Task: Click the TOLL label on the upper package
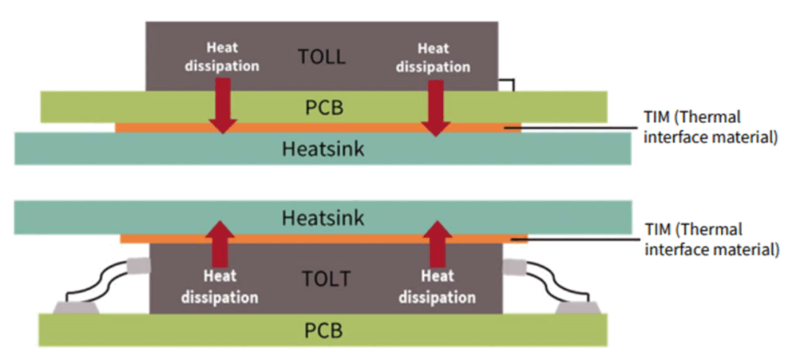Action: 323,57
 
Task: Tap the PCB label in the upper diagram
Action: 323,108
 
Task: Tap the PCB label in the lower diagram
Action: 323,331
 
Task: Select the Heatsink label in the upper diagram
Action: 323,149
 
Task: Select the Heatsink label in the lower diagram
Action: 323,218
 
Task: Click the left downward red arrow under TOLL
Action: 223,106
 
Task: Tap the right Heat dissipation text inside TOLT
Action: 438,287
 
